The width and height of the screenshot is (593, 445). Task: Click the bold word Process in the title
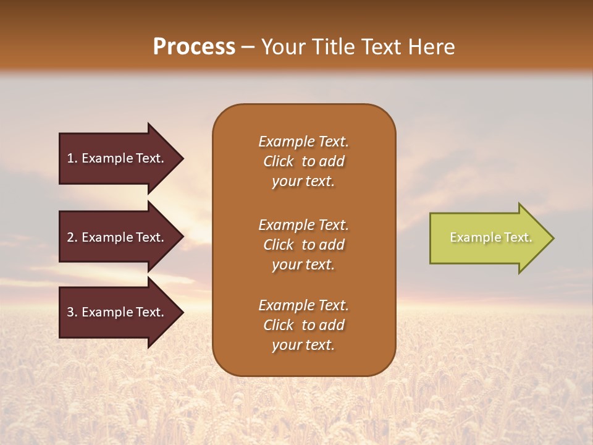coord(194,47)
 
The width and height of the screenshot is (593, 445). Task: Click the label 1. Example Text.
coord(115,158)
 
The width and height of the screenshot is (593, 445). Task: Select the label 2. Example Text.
coord(115,237)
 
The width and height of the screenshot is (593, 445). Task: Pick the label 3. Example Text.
coord(115,312)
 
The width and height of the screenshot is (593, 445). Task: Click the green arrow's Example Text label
coord(490,237)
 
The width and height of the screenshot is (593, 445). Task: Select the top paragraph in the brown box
coord(303,161)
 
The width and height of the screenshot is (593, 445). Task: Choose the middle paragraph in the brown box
coord(303,244)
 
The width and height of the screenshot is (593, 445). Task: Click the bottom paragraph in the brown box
coord(303,325)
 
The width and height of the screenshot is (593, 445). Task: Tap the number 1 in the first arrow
coord(70,158)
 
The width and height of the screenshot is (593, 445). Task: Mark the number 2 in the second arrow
coord(70,237)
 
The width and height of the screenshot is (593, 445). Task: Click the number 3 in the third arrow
coord(70,312)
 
